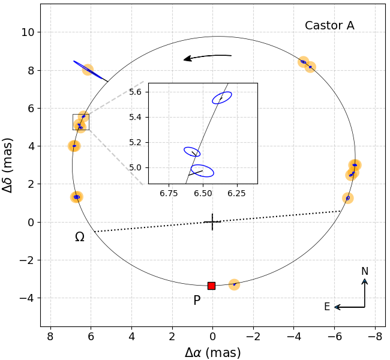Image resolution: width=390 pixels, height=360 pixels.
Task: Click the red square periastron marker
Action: (211, 286)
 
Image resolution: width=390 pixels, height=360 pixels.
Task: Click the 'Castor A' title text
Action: (329, 26)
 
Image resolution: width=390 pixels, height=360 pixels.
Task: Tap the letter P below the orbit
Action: (197, 301)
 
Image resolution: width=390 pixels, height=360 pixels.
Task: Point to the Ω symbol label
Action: (79, 237)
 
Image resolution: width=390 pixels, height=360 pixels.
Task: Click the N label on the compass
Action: (365, 272)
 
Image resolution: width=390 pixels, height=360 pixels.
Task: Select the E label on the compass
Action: (327, 307)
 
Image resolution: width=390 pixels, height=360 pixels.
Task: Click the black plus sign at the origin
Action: (212, 222)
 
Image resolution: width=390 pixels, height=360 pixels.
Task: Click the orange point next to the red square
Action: (234, 284)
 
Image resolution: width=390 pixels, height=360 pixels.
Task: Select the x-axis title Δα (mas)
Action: (212, 352)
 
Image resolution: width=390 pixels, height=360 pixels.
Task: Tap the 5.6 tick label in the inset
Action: (136, 92)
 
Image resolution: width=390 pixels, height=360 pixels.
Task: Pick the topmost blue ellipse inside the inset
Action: (222, 97)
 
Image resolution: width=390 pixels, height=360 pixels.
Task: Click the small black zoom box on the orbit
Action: (80, 122)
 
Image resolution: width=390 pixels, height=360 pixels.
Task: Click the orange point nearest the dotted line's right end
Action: (347, 198)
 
